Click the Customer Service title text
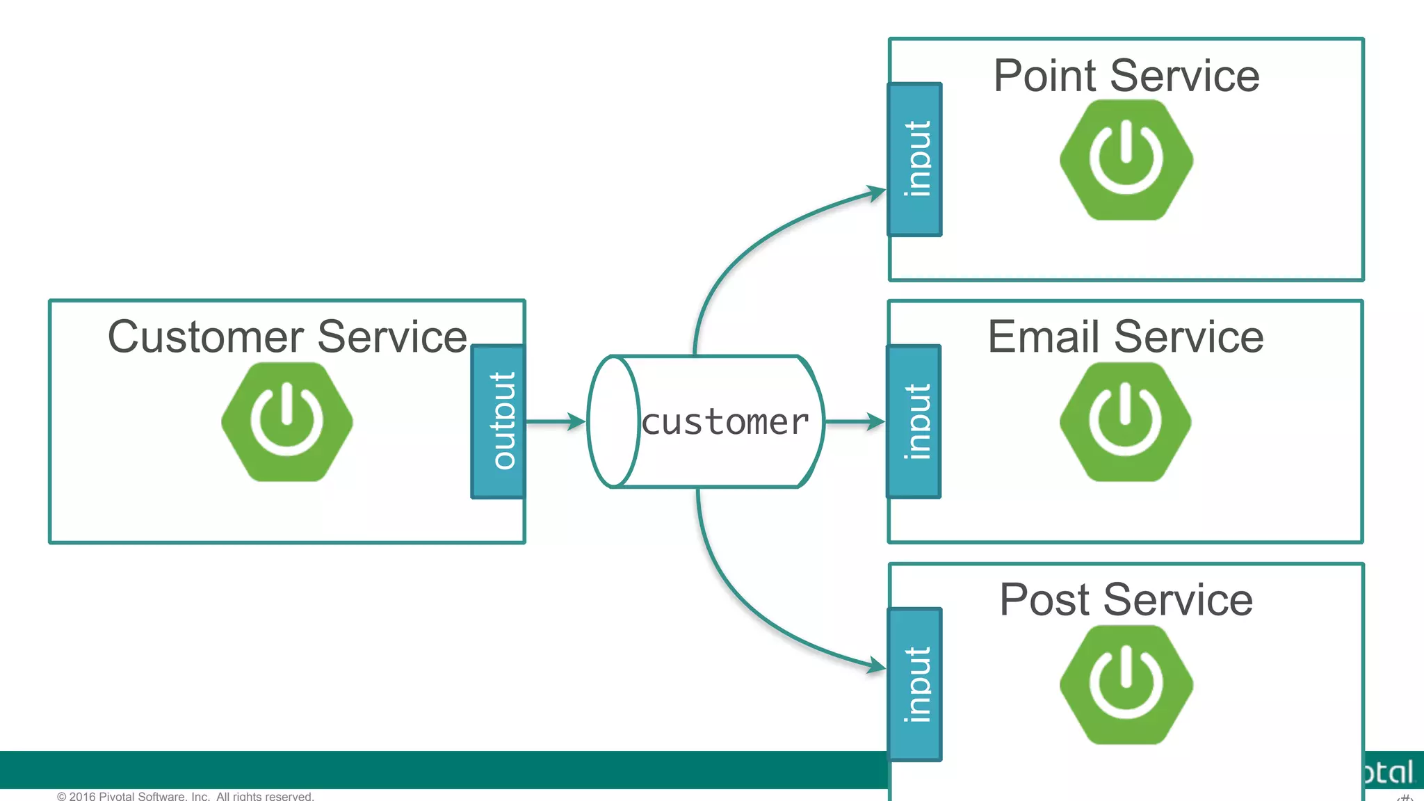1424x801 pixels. coord(286,337)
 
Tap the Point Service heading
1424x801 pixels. coord(1126,76)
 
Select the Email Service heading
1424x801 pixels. coord(1125,337)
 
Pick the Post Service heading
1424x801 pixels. coord(1126,599)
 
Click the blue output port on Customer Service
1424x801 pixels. coord(499,421)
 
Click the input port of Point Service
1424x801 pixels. coord(915,160)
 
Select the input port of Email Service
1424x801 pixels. coord(914,421)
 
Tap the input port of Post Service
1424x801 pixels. coord(915,684)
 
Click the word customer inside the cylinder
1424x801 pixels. coord(725,423)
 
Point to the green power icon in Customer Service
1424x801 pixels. coord(286,421)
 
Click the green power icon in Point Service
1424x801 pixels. coord(1126,160)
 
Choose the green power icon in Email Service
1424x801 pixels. coord(1125,421)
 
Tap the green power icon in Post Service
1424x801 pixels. coord(1126,684)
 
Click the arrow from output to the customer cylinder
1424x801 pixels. coord(555,421)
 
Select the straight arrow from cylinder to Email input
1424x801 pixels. coord(854,421)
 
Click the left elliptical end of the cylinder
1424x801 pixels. coord(613,421)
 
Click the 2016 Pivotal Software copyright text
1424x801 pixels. coord(185,795)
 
